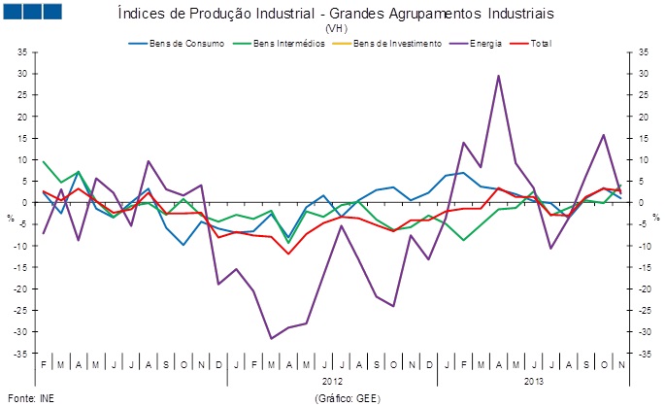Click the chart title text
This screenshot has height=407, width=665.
click(335, 14)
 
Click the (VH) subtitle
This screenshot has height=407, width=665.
click(336, 29)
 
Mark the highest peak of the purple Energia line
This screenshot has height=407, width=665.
click(498, 76)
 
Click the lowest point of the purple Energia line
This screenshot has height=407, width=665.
click(271, 339)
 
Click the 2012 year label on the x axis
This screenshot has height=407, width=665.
click(333, 382)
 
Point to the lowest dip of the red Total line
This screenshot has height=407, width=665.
click(288, 254)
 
